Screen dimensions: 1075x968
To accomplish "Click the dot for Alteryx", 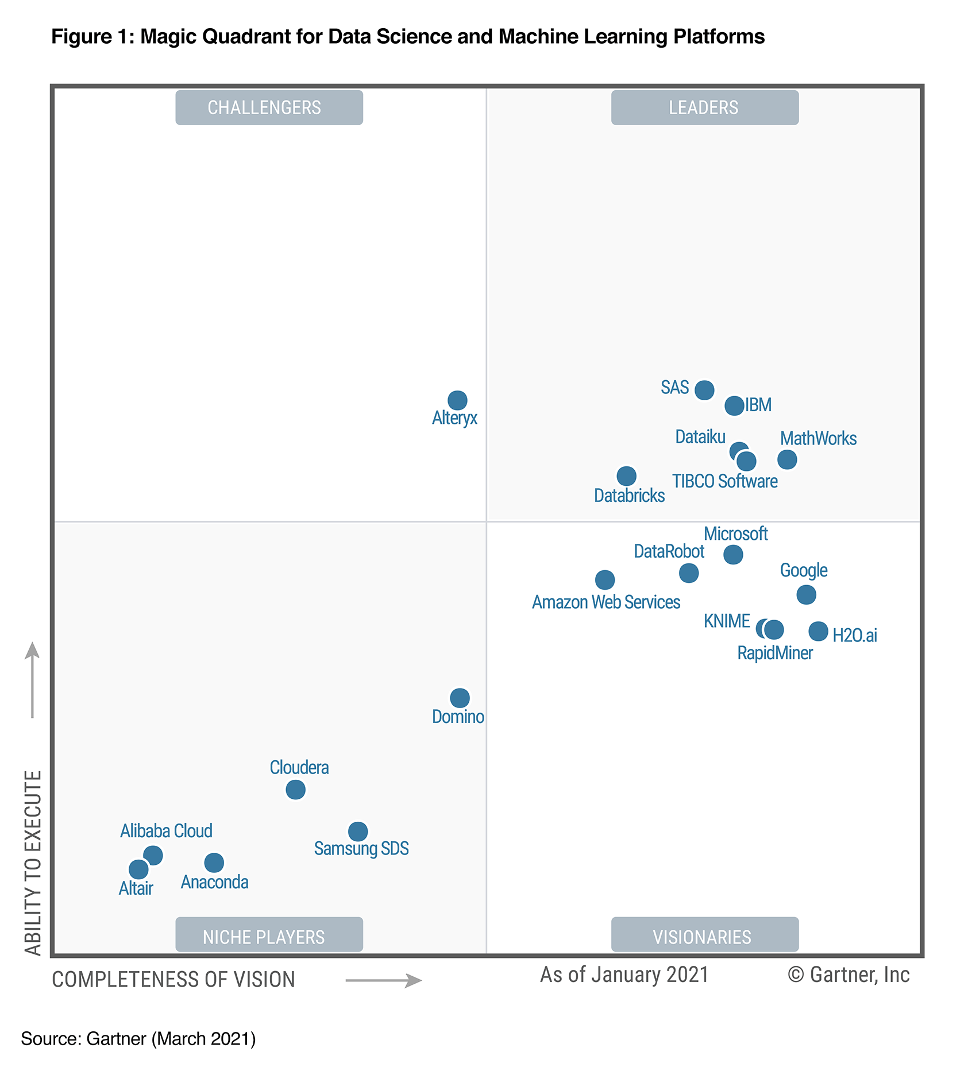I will pos(457,400).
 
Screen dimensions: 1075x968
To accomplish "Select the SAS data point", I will pos(704,390).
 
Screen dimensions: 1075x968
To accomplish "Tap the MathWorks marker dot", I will pos(787,459).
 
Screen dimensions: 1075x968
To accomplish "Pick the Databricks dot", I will pos(626,475).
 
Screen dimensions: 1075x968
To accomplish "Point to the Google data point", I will pos(806,594).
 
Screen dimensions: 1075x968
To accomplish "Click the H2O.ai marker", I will pos(818,631).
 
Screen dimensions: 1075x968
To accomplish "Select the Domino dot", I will pos(460,698).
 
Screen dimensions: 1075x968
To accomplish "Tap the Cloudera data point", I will pos(295,790).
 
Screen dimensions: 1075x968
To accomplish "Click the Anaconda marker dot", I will pos(214,862).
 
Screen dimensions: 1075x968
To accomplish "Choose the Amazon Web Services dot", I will pos(604,579).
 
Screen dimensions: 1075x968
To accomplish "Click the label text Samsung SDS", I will pos(361,848).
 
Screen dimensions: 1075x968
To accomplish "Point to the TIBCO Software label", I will pos(725,481).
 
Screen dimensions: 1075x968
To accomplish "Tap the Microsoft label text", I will pos(735,534).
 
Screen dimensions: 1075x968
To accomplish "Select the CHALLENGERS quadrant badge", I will pos(269,107).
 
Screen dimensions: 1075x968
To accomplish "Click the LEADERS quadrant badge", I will pos(704,107).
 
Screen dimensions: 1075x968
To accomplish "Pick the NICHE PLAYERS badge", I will pos(269,937).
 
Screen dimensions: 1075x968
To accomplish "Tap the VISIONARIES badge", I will pos(704,937).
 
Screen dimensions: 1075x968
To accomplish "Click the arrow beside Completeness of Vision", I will pos(384,981).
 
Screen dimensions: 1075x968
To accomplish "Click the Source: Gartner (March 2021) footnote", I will pos(138,1039).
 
